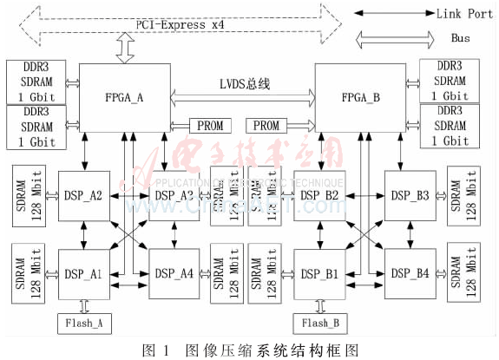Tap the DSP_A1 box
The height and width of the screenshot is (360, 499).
pos(83,273)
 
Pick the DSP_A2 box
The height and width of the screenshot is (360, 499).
pos(83,196)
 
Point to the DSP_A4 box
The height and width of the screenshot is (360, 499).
pos(175,273)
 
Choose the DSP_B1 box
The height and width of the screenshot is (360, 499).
pos(320,273)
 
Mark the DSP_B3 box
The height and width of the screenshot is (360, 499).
pos(411,196)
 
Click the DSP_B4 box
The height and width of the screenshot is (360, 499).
pos(411,273)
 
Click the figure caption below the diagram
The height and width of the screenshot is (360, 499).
pos(249,349)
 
